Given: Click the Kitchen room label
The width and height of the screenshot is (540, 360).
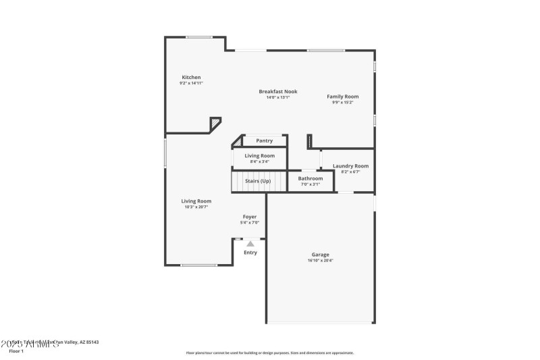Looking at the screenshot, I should click(x=191, y=77).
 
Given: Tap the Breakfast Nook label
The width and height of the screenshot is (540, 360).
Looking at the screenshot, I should click(x=277, y=91).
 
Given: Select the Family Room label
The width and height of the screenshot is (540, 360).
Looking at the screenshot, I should click(x=343, y=97).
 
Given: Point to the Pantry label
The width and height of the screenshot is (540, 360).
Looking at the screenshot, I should click(x=264, y=140).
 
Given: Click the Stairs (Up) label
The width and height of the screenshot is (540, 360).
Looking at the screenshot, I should click(x=257, y=181).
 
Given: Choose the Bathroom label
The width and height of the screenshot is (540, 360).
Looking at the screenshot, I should click(x=310, y=178).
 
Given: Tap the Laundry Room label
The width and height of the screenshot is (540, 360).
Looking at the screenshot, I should click(x=350, y=165).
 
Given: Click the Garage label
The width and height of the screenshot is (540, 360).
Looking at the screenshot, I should click(x=320, y=255).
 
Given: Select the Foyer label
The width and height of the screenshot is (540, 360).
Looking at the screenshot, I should click(x=250, y=217).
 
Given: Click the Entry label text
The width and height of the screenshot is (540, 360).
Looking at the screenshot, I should click(x=250, y=253).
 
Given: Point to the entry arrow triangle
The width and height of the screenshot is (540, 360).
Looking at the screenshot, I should click(x=250, y=243).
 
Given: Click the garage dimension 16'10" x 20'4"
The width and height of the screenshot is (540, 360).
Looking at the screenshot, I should click(x=320, y=261).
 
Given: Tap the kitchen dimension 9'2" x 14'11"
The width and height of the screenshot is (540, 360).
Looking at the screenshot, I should click(x=191, y=83).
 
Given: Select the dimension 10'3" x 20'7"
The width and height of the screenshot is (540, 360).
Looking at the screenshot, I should click(x=196, y=207).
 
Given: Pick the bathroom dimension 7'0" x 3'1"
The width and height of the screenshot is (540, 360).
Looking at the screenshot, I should click(x=310, y=184).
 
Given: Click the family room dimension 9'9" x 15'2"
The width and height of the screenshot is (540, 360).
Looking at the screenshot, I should click(x=343, y=103).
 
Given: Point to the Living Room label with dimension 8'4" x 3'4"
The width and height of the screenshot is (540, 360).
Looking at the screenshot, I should click(x=259, y=155).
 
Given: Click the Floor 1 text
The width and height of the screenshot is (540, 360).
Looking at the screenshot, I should click(x=16, y=351).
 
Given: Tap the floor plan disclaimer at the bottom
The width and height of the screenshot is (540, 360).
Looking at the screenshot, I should click(x=269, y=353).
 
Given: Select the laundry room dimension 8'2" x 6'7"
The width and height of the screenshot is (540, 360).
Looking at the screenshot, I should click(x=350, y=172).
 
